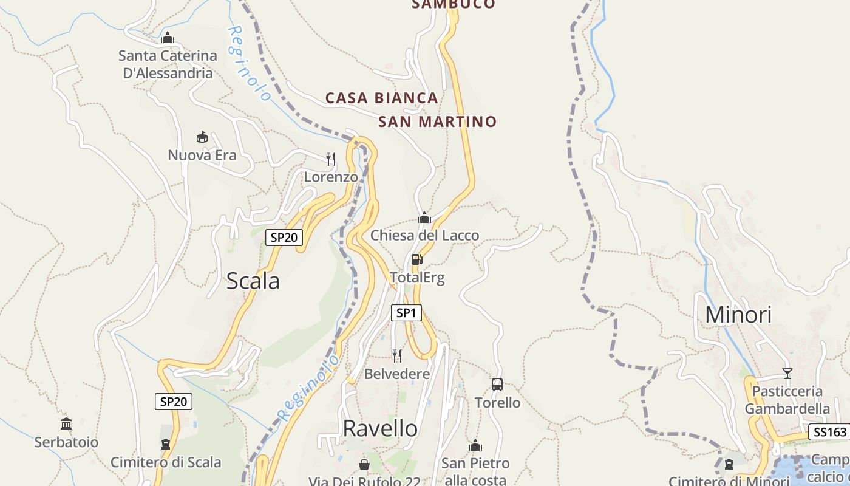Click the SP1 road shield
(x=406, y=313)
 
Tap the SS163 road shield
(x=830, y=432)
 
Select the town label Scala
(x=253, y=281)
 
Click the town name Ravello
(x=380, y=428)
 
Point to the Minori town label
(x=738, y=315)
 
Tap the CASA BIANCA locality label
(x=382, y=98)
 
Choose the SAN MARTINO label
(x=437, y=122)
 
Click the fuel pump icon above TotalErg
(x=417, y=260)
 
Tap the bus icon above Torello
(x=497, y=385)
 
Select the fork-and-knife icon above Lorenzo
(x=331, y=159)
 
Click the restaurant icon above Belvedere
(x=397, y=356)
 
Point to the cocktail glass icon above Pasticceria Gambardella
(x=787, y=373)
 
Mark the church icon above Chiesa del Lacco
(x=424, y=217)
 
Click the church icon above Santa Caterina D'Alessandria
(x=168, y=38)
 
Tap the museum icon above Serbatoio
(x=66, y=423)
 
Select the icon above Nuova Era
(x=202, y=137)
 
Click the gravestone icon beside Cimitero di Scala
(x=166, y=444)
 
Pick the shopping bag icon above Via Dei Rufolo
(x=364, y=465)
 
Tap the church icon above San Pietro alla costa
(x=475, y=445)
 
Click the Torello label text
(x=497, y=403)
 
